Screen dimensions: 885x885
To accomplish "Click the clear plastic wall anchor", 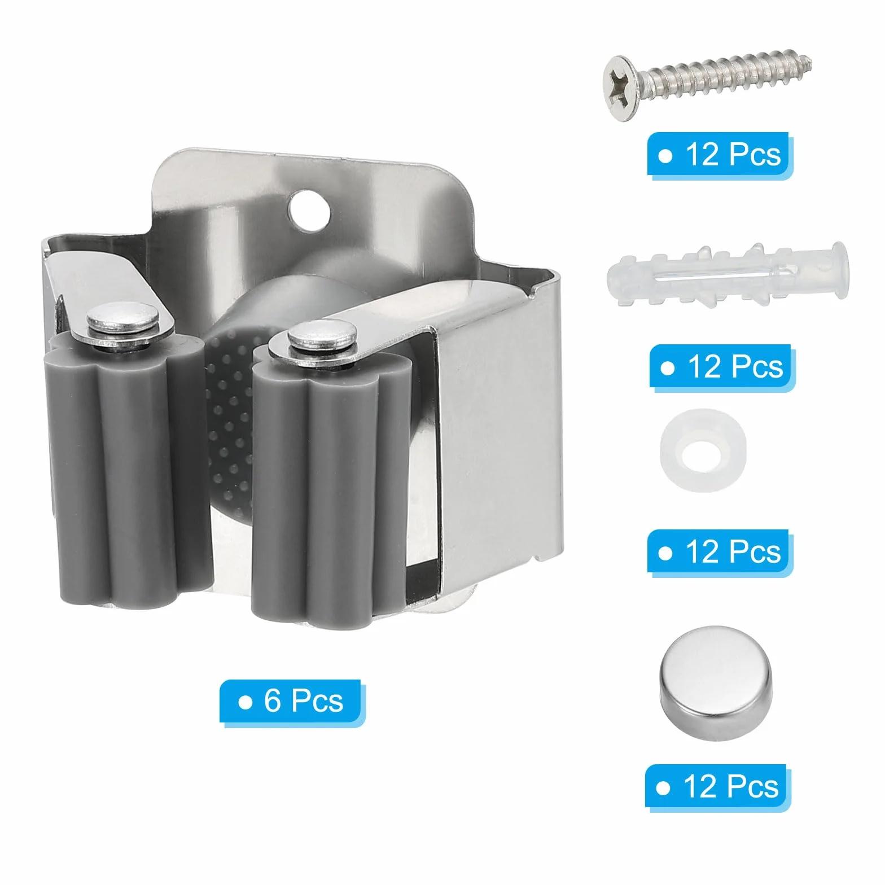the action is click(726, 277).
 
